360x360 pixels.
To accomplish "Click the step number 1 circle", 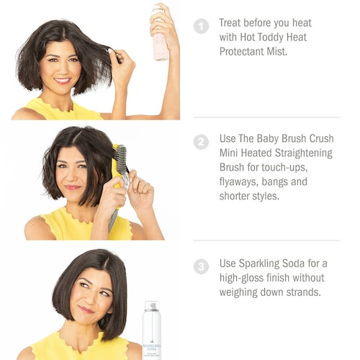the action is pos(201,26).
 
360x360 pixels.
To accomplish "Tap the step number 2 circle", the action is pos(201,142).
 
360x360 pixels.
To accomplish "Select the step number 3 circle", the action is pos(201,266).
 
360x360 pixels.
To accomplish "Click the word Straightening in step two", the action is pos(303,153).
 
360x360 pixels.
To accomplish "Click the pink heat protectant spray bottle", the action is pos(160,36).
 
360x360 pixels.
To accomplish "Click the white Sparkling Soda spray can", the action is pos(152,330).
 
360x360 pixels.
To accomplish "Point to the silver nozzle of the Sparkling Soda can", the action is pos(152,306).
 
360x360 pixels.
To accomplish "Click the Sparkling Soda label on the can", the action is pos(152,347).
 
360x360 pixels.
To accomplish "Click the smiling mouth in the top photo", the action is pos(62,81).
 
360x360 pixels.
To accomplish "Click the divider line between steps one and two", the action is pos(266,117).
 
